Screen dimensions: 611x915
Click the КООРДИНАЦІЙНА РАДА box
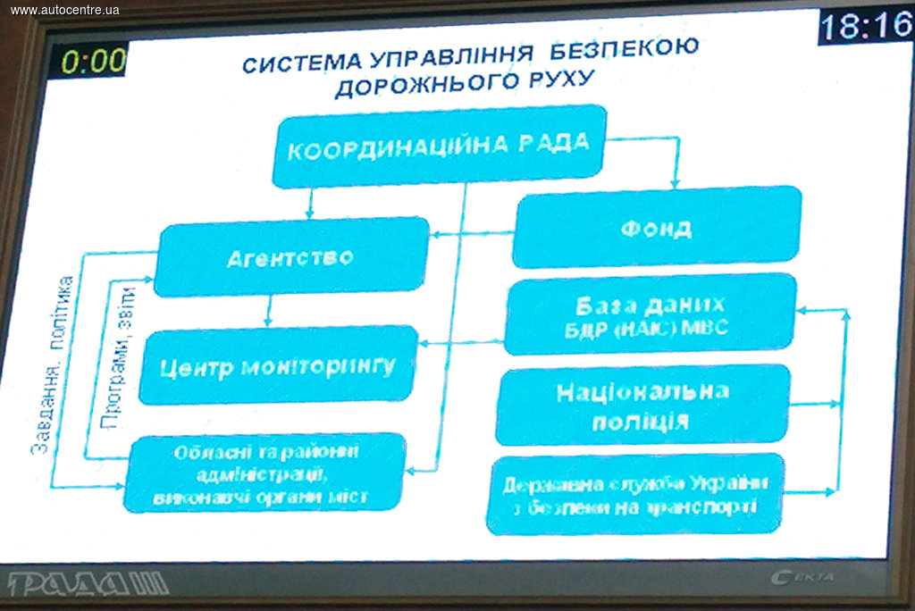pyautogui.click(x=438, y=146)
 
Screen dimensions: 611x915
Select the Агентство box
pyautogui.click(x=290, y=257)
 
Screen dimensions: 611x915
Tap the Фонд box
pyautogui.click(x=656, y=227)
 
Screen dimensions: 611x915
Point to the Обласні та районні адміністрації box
pyautogui.click(x=264, y=473)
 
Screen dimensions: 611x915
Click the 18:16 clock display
pyautogui.click(x=865, y=26)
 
